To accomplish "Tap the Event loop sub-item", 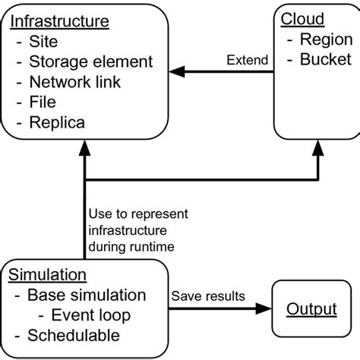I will pyautogui.click(x=95, y=315).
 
